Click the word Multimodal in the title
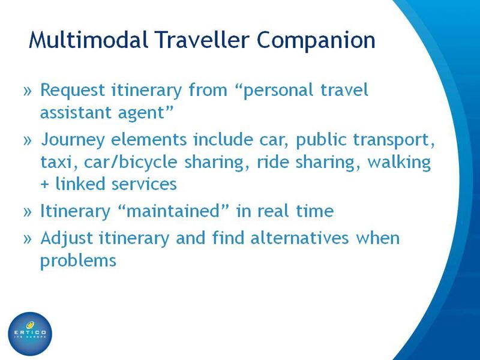click(89, 40)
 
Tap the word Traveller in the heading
click(202, 40)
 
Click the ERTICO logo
click(30, 334)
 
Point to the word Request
click(73, 91)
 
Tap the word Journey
click(73, 140)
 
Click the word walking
click(399, 162)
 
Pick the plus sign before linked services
click(44, 185)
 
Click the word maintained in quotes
click(173, 211)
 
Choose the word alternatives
click(299, 238)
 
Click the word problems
click(79, 261)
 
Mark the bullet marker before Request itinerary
click(28, 91)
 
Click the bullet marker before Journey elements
click(28, 140)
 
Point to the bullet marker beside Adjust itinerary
click(28, 239)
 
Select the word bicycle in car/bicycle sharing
click(148, 162)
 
